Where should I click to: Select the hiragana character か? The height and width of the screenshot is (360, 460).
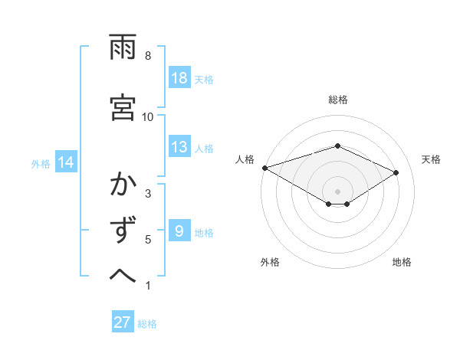pyautogui.click(x=123, y=185)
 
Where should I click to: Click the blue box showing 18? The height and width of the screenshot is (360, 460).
pyautogui.click(x=179, y=78)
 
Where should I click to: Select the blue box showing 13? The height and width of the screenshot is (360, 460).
pyautogui.click(x=179, y=148)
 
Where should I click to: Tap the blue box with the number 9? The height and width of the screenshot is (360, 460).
pyautogui.click(x=179, y=231)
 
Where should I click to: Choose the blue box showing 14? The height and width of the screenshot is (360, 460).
pyautogui.click(x=67, y=162)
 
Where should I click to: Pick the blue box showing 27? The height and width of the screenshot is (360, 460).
pyautogui.click(x=123, y=322)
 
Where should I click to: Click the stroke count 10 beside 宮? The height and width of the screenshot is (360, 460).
pyautogui.click(x=148, y=116)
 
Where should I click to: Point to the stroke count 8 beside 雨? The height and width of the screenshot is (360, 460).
pyautogui.click(x=148, y=56)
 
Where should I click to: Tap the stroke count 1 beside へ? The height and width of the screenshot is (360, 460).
pyautogui.click(x=148, y=286)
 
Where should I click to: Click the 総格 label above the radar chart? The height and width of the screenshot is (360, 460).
pyautogui.click(x=338, y=100)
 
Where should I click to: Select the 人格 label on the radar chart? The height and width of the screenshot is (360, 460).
pyautogui.click(x=245, y=159)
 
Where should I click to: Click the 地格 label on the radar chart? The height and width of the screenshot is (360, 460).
pyautogui.click(x=402, y=262)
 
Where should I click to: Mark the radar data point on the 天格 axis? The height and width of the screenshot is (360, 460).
pyautogui.click(x=396, y=173)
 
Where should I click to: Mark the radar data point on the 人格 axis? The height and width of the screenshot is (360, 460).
pyautogui.click(x=264, y=167)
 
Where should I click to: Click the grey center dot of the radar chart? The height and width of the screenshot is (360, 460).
pyautogui.click(x=337, y=191)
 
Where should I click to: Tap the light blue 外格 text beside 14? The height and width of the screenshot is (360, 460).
pyautogui.click(x=41, y=163)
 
